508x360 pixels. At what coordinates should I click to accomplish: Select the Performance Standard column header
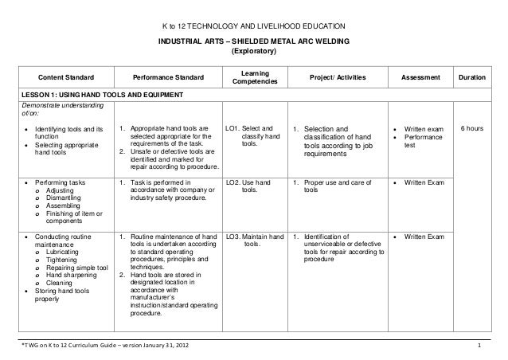pos(168,77)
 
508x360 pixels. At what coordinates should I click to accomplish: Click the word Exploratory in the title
pos(253,53)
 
